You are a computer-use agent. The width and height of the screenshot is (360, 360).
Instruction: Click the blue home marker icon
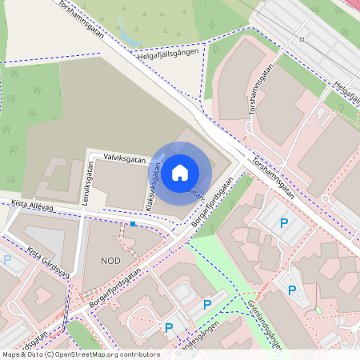(180, 172)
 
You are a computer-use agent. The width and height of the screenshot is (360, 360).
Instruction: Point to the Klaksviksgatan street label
(150, 187)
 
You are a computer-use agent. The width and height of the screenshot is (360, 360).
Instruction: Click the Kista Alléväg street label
(32, 206)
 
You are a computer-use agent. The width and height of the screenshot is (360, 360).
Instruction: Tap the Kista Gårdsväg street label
(48, 263)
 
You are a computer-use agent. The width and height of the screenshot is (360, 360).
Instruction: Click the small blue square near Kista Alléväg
(133, 224)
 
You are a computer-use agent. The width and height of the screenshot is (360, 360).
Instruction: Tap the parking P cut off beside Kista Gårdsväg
(7, 260)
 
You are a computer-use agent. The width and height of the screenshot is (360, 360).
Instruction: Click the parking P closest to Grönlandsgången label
(291, 290)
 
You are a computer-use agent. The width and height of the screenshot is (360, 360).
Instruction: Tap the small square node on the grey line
(302, 38)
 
